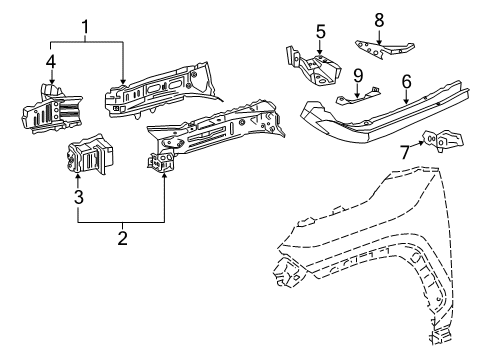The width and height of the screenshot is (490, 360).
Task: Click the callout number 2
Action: [122, 238]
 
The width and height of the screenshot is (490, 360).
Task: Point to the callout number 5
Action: [321, 31]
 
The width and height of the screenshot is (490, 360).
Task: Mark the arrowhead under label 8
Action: [379, 37]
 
